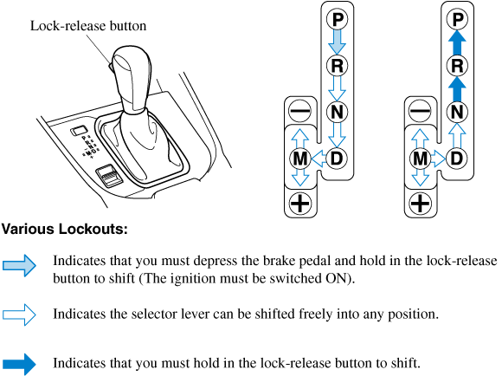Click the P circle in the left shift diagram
click(337, 19)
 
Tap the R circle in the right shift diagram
click(457, 66)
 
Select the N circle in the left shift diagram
click(337, 112)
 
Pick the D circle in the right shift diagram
click(457, 158)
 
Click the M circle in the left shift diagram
click(299, 158)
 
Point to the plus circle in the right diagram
click(420, 204)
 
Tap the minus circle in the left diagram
click(299, 111)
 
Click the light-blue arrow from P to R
click(338, 42)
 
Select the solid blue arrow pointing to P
click(457, 42)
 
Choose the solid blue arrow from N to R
click(457, 89)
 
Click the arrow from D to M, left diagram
click(319, 159)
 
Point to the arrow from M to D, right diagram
click(438, 159)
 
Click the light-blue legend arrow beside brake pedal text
click(20, 265)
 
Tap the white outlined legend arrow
click(20, 314)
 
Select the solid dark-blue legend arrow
click(20, 364)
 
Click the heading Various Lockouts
click(65, 230)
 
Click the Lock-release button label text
click(88, 26)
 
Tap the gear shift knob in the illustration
click(132, 79)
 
